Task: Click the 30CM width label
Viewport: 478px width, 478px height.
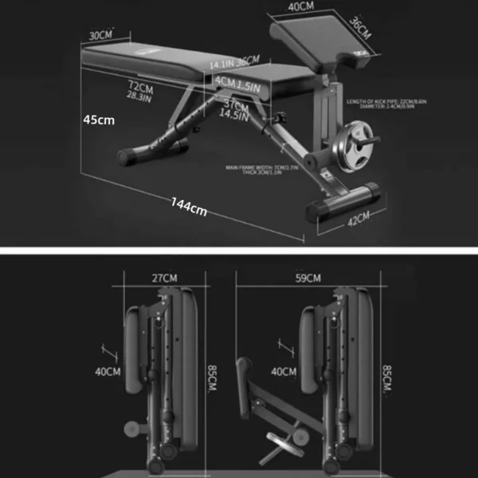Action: coord(100,35)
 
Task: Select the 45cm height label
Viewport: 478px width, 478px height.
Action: coord(99,119)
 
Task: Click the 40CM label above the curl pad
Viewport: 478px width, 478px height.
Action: coord(301,7)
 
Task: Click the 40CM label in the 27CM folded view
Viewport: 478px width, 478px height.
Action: coord(108,370)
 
